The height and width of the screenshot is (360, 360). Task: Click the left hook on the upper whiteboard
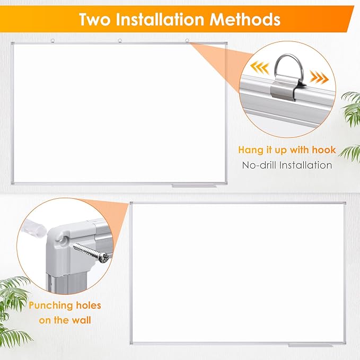tap(52, 40)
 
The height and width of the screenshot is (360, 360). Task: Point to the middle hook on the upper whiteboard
tap(119, 40)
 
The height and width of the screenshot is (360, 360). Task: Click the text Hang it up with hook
tap(287, 150)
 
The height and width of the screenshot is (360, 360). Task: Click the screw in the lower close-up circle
tap(92, 252)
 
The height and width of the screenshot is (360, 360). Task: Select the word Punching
tap(65, 306)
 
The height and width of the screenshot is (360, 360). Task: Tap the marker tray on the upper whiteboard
tap(194, 186)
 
